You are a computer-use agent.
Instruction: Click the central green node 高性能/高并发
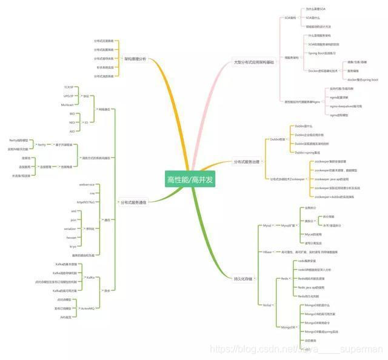[x=190, y=179]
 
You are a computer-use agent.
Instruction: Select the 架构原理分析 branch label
[x=135, y=59]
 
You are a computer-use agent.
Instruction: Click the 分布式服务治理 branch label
[x=247, y=162]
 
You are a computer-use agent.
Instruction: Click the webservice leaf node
[x=87, y=184]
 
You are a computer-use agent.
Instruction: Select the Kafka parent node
[x=90, y=277]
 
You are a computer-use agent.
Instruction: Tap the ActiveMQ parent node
[x=87, y=308]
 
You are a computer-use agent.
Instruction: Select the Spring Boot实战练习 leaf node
[x=321, y=53]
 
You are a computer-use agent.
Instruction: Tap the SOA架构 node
[x=290, y=18]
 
